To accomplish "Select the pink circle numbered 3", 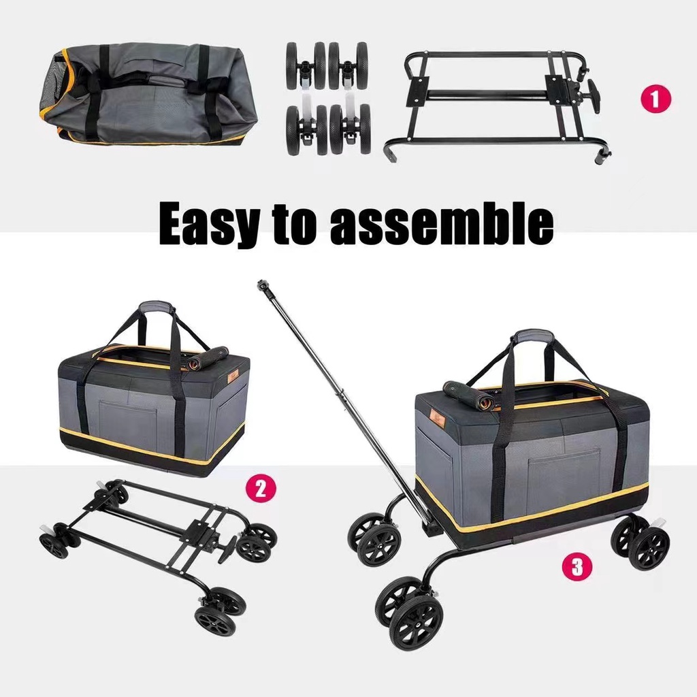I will (x=577, y=566).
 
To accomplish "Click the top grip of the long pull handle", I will (x=262, y=285).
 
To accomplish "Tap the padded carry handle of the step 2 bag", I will (x=156, y=308).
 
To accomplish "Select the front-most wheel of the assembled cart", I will (x=415, y=622).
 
